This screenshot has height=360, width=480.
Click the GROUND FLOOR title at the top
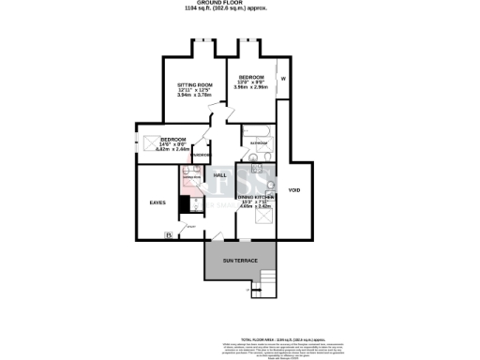pos(239,4)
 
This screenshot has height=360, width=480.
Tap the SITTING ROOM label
pos(196,85)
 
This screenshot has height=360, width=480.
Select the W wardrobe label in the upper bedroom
pos(282,78)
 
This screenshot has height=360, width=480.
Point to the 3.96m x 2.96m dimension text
pos(252,87)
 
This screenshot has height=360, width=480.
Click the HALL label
pos(220,175)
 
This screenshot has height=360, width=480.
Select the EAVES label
pos(157,202)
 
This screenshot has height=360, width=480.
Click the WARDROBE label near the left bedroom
pos(201,157)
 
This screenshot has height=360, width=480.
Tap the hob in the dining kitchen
pos(268,184)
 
